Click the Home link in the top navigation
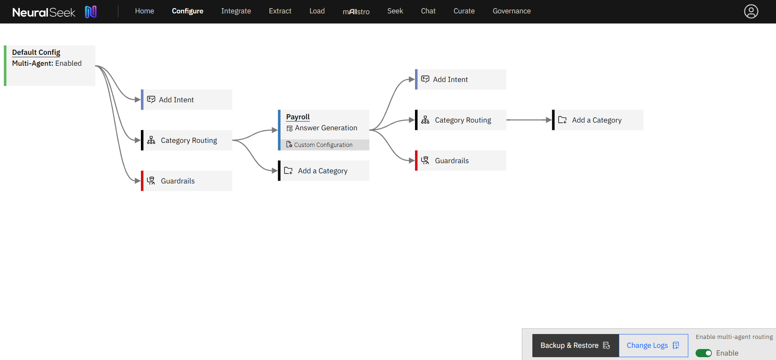pos(144,11)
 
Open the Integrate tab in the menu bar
pos(236,11)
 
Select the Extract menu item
pos(280,11)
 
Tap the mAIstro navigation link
pos(356,11)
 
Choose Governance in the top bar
pos(512,11)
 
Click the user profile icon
pos(751,11)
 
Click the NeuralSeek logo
pos(54,12)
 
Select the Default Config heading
pos(36,52)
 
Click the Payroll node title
pos(298,117)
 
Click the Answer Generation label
pos(326,128)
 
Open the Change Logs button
pos(653,345)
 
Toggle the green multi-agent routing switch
pos(704,353)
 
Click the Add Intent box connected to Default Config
pos(187,100)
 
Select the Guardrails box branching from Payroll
pos(461,161)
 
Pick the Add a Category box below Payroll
pos(324,171)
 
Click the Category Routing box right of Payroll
pos(461,120)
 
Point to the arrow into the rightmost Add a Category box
pos(529,120)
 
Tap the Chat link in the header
pos(428,11)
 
